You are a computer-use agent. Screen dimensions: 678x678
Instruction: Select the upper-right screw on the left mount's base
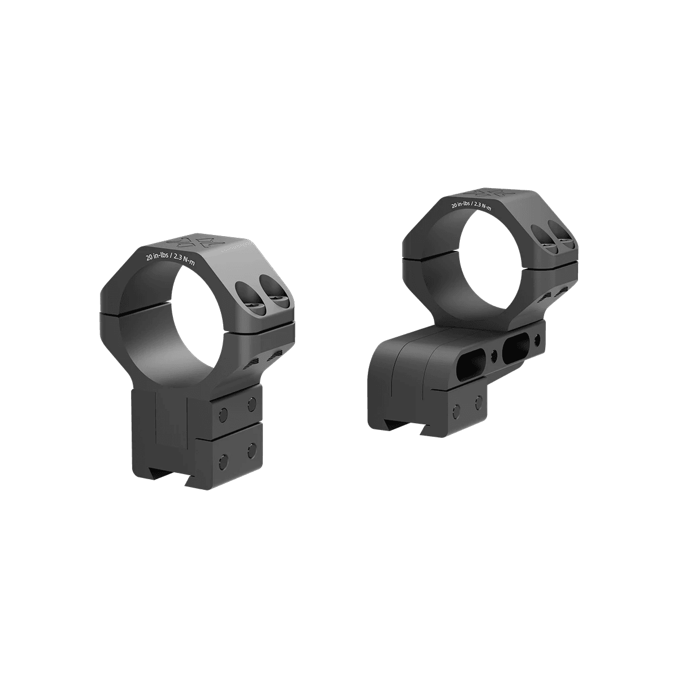(251, 404)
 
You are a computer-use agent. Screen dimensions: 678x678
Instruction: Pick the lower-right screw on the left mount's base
(251, 449)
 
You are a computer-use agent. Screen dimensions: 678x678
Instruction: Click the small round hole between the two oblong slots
(496, 355)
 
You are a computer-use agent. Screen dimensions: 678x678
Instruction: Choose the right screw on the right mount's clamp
(479, 403)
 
